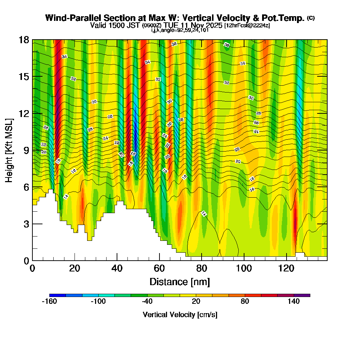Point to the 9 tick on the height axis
click(x=32, y=150)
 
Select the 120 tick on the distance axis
click(x=286, y=260)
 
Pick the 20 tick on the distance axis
click(x=75, y=260)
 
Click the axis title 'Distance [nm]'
click(x=180, y=282)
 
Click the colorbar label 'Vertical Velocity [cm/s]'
click(x=180, y=315)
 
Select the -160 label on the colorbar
click(x=49, y=302)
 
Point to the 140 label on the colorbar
click(x=294, y=302)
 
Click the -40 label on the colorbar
click(x=147, y=302)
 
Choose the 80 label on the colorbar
click(x=245, y=302)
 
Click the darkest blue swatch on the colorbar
click(x=58, y=295)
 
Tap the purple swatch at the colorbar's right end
click(x=302, y=295)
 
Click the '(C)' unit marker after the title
click(x=311, y=18)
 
